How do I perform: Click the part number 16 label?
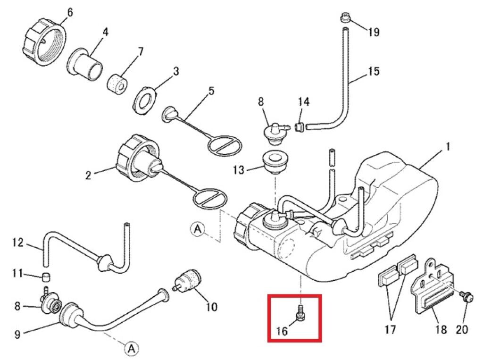[282, 330]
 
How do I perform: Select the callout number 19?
[374, 32]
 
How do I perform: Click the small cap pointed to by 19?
[345, 19]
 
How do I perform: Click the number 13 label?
[239, 169]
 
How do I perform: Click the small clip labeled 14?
[298, 127]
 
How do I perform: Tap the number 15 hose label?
[374, 72]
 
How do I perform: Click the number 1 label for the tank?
[447, 147]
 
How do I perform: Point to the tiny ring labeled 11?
[46, 276]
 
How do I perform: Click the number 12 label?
[17, 243]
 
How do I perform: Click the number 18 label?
[441, 329]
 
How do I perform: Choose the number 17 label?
[390, 329]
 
